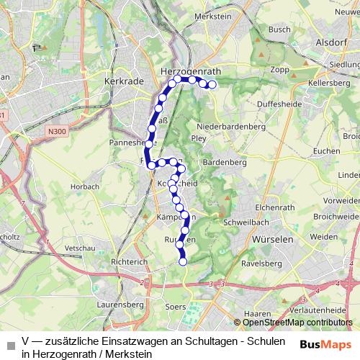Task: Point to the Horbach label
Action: [85, 186]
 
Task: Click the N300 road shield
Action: [58, 131]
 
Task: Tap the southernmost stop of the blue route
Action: [183, 261]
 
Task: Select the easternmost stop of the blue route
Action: [212, 84]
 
